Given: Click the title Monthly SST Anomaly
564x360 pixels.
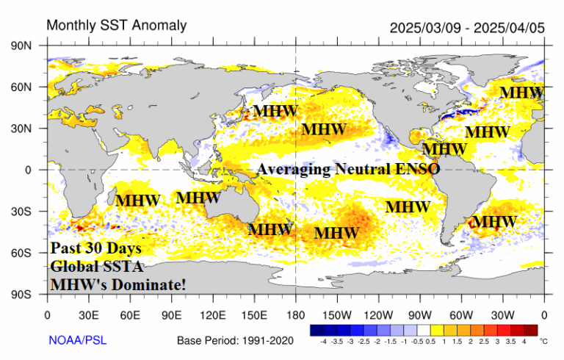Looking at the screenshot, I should click(x=117, y=26).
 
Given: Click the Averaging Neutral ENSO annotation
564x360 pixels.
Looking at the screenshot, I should click(x=348, y=169).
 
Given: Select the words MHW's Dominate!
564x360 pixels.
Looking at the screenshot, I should click(x=118, y=283).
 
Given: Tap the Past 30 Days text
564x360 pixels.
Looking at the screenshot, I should click(x=95, y=248).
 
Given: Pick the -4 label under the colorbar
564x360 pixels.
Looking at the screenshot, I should click(x=324, y=341).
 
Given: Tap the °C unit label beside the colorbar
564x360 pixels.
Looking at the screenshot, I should click(x=543, y=341).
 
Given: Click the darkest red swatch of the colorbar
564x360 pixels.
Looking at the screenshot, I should click(x=530, y=330).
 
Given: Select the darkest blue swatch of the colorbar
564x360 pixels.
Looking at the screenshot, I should click(x=317, y=330).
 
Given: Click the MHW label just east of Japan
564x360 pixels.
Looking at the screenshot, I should click(x=276, y=112).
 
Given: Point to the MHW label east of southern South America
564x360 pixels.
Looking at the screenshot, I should click(x=493, y=221).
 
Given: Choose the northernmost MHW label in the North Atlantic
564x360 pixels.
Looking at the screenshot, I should click(x=521, y=93).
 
